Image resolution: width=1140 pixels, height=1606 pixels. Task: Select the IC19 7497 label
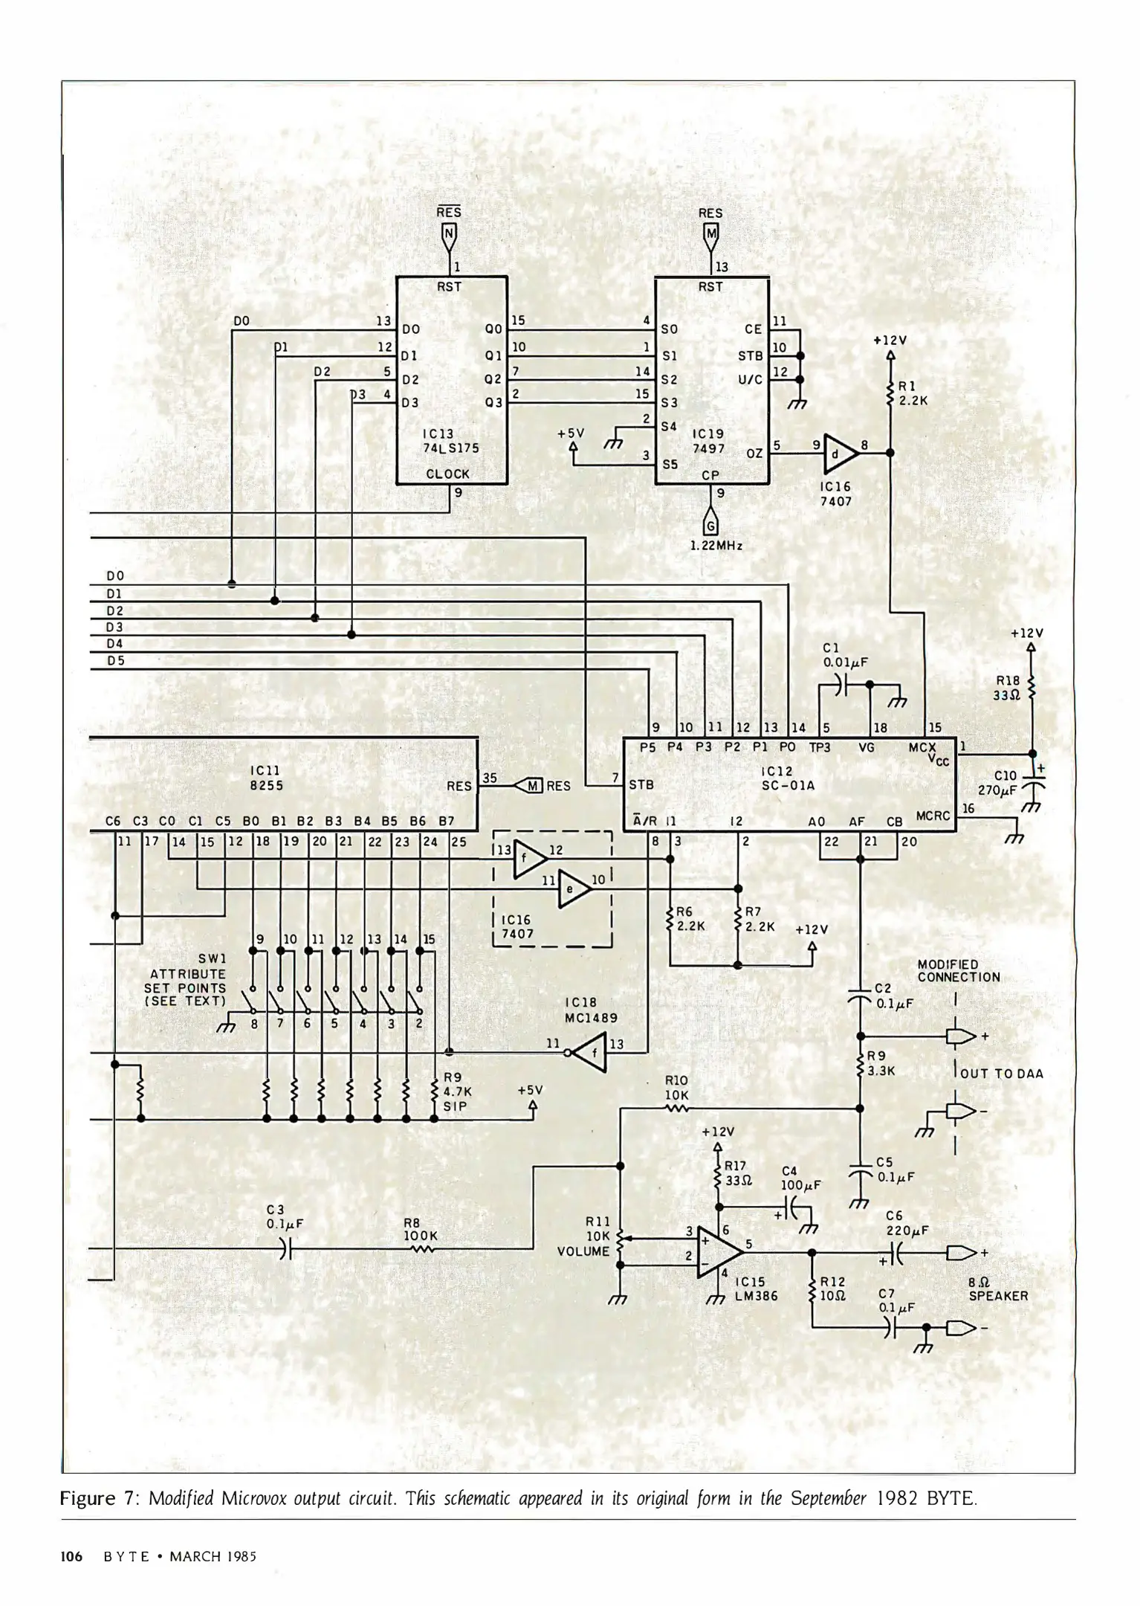pyautogui.click(x=707, y=441)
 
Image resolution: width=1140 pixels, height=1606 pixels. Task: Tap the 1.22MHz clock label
pyautogui.click(x=716, y=545)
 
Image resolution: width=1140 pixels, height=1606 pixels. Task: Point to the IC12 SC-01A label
pyautogui.click(x=777, y=778)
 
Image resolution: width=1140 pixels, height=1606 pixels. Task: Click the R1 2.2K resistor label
pyautogui.click(x=913, y=393)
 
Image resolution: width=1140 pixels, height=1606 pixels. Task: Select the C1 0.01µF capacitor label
pyautogui.click(x=845, y=655)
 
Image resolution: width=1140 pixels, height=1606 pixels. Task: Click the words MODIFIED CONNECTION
pyautogui.click(x=958, y=971)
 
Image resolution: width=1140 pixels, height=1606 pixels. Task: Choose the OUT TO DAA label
pyautogui.click(x=1002, y=1074)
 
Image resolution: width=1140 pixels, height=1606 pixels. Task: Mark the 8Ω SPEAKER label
pyautogui.click(x=998, y=1289)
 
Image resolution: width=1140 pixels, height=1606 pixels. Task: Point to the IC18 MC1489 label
pyautogui.click(x=591, y=1010)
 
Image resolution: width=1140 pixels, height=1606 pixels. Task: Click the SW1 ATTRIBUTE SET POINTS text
pyautogui.click(x=187, y=980)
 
